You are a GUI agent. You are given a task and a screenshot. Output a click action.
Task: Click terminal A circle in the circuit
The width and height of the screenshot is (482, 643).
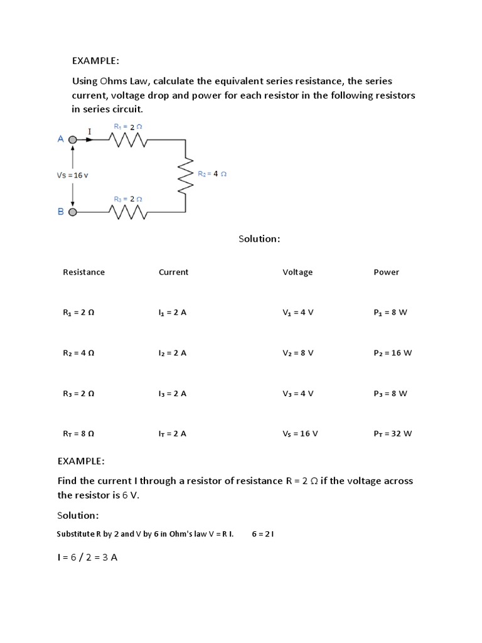click(x=73, y=140)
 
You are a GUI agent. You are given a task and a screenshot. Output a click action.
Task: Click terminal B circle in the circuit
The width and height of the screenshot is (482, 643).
click(x=73, y=212)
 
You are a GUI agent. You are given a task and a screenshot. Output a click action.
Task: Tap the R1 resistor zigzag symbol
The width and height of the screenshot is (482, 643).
click(x=128, y=141)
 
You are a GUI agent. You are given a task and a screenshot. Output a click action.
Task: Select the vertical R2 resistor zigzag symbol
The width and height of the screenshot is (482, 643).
click(x=186, y=175)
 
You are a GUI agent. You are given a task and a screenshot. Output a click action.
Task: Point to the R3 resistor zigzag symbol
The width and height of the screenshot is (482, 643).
click(x=128, y=213)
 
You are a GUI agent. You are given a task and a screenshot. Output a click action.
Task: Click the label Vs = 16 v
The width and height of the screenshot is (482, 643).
click(x=73, y=175)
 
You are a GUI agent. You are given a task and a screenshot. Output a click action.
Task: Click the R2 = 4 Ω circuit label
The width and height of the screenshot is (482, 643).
click(x=212, y=173)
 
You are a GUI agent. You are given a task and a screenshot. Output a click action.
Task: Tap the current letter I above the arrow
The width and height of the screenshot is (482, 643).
click(x=89, y=132)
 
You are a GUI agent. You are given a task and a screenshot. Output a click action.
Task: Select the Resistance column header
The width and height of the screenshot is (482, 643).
click(x=83, y=272)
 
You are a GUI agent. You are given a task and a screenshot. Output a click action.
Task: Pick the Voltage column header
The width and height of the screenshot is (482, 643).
click(x=297, y=272)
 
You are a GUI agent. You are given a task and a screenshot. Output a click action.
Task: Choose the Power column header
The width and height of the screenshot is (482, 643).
click(x=386, y=272)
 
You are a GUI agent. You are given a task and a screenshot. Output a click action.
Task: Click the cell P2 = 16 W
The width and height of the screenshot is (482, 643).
click(x=392, y=353)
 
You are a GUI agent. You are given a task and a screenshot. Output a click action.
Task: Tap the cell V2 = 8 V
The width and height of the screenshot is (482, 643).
click(x=297, y=353)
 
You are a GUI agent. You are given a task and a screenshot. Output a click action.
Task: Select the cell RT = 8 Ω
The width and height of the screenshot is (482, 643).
click(x=78, y=433)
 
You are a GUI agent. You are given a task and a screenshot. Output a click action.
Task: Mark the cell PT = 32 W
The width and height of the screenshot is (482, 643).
click(x=392, y=433)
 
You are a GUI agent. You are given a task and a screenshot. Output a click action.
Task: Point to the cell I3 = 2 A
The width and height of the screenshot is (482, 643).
click(x=173, y=394)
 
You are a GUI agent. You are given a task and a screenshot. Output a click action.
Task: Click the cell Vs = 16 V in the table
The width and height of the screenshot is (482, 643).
click(x=300, y=433)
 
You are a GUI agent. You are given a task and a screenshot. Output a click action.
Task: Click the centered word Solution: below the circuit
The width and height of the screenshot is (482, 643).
click(x=259, y=239)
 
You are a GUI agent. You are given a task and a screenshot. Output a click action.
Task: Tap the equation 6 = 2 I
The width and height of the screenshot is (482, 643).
click(x=263, y=534)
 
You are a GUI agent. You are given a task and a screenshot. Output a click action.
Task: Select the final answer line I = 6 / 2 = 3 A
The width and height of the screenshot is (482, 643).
click(x=87, y=557)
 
